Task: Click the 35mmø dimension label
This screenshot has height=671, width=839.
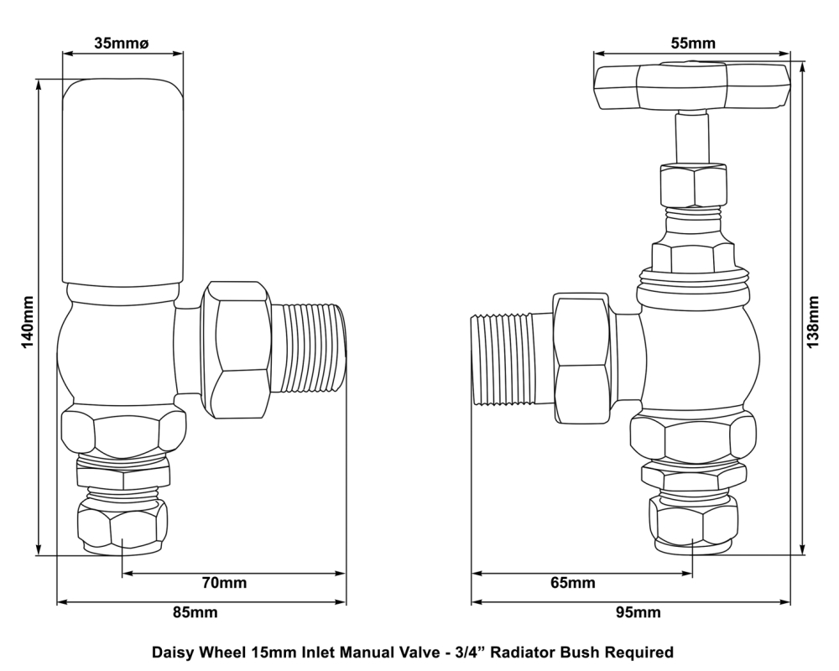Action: tap(122, 43)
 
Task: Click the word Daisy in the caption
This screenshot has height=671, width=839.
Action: tap(172, 651)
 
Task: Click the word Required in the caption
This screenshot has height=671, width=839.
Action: tap(642, 651)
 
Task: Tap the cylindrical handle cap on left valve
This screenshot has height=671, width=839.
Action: tap(122, 180)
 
